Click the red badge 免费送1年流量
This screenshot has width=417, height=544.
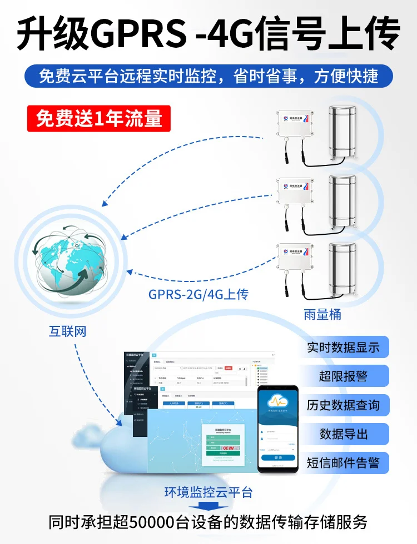(x=99, y=119)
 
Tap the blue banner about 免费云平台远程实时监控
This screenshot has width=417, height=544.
(x=209, y=76)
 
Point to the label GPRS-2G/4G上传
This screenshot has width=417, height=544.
(x=198, y=294)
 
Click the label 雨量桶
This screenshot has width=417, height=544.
(x=322, y=315)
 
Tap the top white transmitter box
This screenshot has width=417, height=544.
(x=295, y=125)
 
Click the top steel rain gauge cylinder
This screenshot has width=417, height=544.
(x=345, y=132)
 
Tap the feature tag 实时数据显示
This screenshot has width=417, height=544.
(x=343, y=347)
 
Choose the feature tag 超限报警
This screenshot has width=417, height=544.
(x=343, y=376)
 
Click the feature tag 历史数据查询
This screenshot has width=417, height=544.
(x=343, y=405)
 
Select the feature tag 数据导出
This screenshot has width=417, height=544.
(x=343, y=434)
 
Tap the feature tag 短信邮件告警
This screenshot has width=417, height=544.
(x=343, y=463)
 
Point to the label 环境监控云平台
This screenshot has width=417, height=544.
(x=209, y=492)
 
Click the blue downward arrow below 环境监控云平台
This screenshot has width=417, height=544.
(x=209, y=506)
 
